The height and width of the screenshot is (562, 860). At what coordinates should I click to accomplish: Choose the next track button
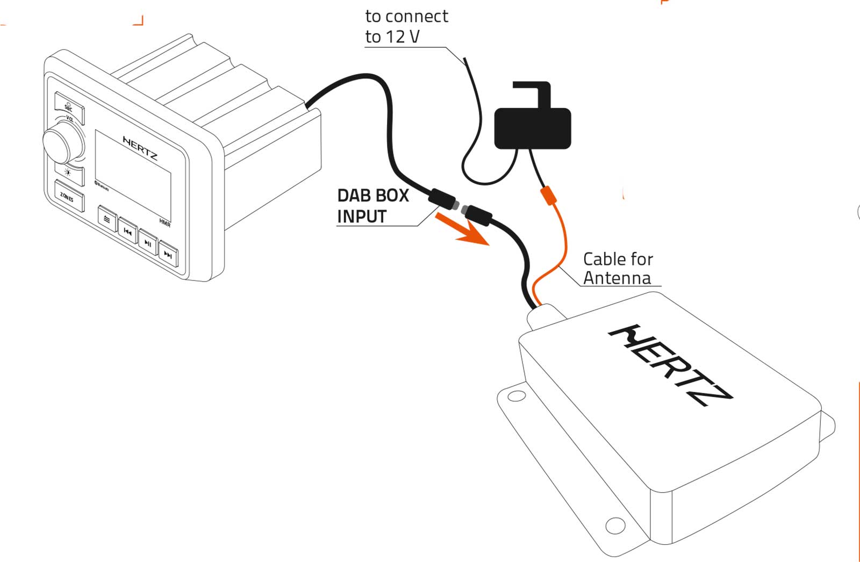[168, 255]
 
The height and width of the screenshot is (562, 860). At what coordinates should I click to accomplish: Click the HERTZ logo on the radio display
[140, 148]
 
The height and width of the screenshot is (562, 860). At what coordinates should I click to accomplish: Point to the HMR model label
[164, 221]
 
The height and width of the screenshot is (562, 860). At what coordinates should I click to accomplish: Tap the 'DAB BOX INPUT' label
[373, 206]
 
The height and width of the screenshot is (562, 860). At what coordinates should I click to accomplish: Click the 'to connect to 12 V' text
[406, 26]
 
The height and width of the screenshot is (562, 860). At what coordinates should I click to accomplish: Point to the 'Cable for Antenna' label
[618, 269]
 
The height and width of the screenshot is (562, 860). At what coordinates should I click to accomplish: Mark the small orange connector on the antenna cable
[547, 195]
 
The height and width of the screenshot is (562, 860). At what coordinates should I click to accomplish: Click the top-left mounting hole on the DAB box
[517, 397]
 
